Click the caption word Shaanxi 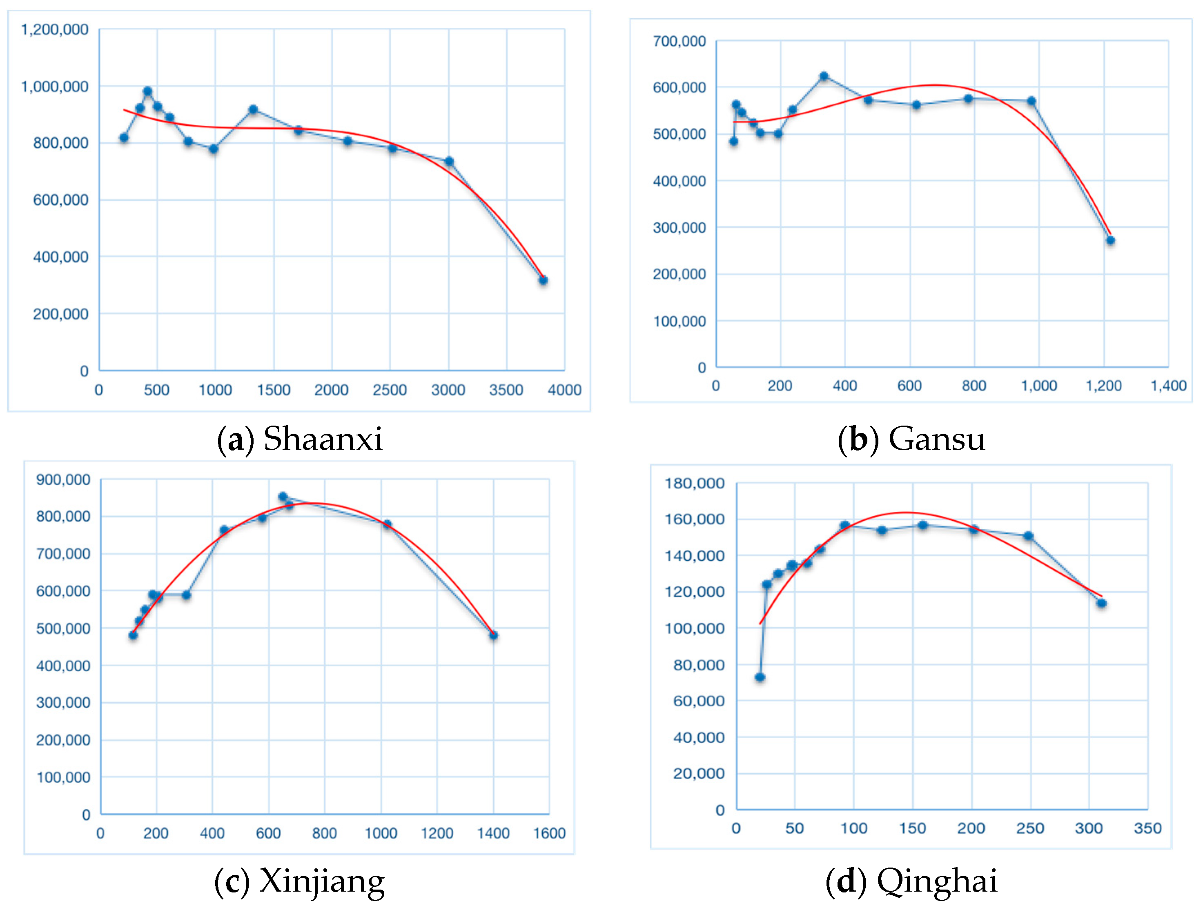click(323, 439)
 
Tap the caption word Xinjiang click(322, 881)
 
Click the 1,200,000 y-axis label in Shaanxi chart click(54, 29)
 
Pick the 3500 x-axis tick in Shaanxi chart click(506, 390)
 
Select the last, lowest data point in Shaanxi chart click(543, 280)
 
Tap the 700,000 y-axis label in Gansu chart click(679, 41)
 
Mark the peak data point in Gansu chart click(824, 76)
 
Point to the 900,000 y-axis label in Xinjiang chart click(63, 479)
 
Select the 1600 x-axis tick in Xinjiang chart click(549, 833)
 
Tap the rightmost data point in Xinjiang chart click(493, 635)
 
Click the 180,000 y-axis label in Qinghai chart click(695, 483)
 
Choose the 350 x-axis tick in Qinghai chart click(1147, 828)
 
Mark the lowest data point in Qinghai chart click(760, 677)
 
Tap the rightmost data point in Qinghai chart click(1101, 603)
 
